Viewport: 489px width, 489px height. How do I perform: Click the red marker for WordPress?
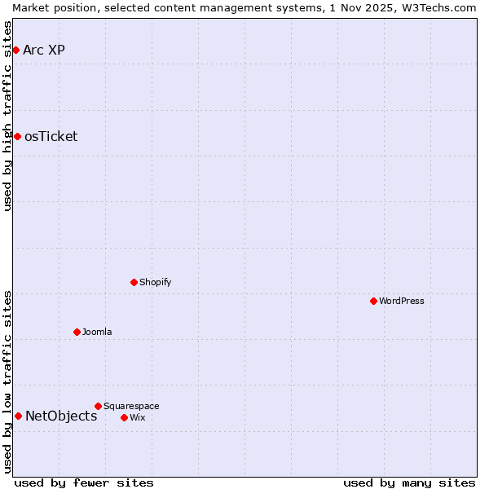coord(374,301)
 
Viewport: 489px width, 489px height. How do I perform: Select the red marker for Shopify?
coord(134,282)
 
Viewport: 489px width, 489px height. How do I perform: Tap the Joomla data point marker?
coord(77,332)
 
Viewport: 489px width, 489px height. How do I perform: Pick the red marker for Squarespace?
coord(99,406)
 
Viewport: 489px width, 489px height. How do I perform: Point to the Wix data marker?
coord(125,417)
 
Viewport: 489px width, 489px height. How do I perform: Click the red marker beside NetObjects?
coord(18,416)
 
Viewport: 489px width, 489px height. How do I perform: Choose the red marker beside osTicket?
coord(17,136)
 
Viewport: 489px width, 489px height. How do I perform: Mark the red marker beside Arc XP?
coord(15,50)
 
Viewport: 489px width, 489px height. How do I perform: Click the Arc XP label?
coord(44,50)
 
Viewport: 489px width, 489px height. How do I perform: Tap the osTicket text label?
coord(51,136)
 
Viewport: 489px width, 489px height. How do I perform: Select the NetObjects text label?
coord(61,416)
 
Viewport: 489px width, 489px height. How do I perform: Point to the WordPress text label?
coord(402,301)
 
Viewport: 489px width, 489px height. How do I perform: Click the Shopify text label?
coord(156,282)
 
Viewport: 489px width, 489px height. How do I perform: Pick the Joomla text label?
coord(97,332)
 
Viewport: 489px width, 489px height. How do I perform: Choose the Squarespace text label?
coord(131,406)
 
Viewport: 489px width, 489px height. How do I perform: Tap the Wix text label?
coord(138,417)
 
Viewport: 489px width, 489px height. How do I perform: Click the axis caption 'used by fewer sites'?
coord(84,482)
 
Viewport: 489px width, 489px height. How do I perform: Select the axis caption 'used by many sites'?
coord(409,482)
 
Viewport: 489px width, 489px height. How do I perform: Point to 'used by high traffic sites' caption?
coord(8,116)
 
